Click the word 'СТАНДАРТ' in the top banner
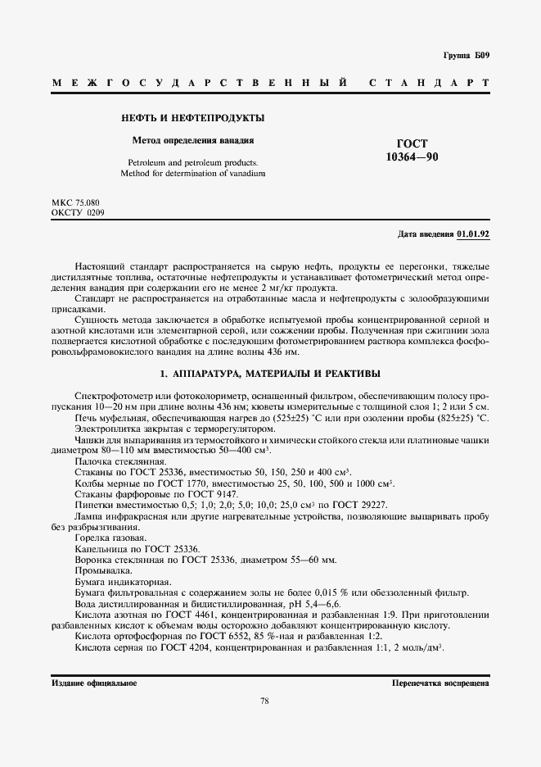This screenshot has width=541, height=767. tap(430, 84)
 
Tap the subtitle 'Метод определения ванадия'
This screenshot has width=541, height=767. tap(193, 140)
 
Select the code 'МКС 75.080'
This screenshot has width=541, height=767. tap(75, 202)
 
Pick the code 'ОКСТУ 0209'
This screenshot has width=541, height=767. tap(77, 213)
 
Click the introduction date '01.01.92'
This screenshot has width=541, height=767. tap(473, 234)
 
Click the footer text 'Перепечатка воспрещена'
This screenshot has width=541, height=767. tap(440, 682)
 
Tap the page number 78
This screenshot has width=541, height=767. tap(265, 701)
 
